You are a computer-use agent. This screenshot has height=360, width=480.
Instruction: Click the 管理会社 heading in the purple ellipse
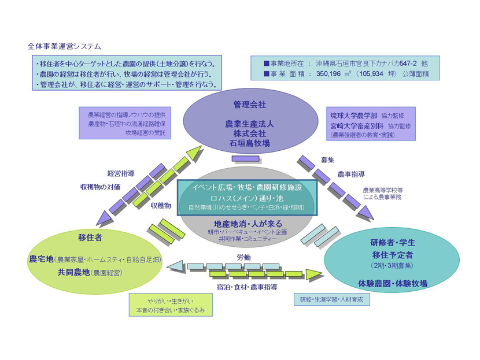249,105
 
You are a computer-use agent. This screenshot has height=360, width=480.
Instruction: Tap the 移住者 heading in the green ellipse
90,237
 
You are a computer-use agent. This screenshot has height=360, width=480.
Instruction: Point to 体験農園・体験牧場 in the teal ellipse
392,283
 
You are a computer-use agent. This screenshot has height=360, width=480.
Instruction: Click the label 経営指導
121,173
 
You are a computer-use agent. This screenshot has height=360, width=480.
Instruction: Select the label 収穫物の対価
100,187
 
